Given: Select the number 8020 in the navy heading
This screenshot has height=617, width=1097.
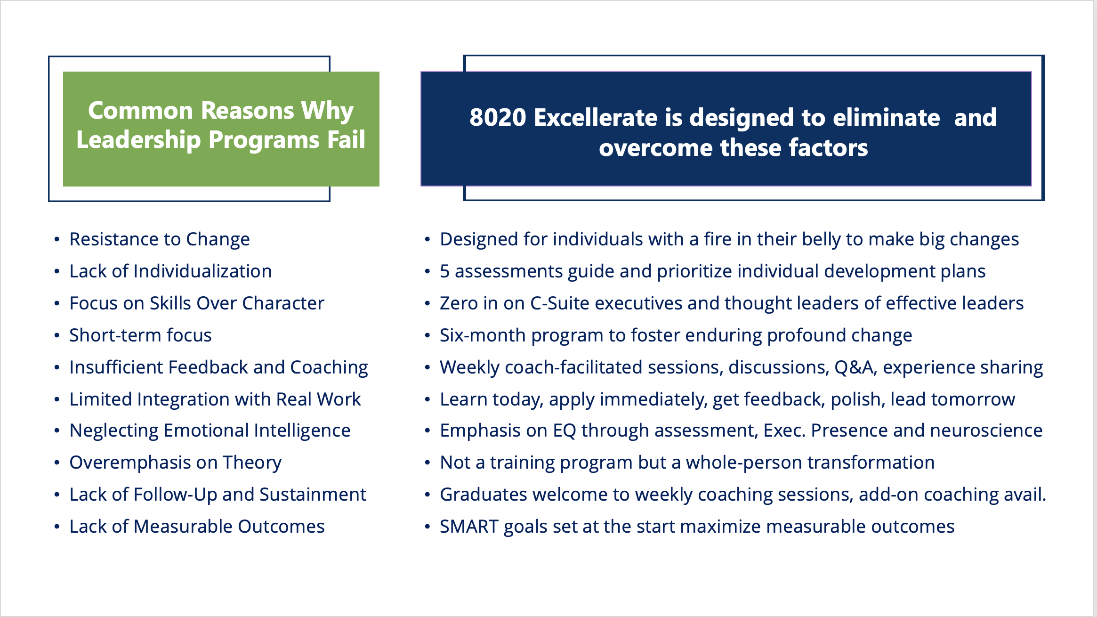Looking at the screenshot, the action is click(x=498, y=117).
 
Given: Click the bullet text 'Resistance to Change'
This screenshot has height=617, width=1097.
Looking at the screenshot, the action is click(x=160, y=239).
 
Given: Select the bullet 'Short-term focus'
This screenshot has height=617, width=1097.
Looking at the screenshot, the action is click(x=140, y=335).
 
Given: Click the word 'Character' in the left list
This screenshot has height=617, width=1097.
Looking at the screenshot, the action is click(x=283, y=303).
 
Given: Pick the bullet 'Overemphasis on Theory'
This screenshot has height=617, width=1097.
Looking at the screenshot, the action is click(x=176, y=463).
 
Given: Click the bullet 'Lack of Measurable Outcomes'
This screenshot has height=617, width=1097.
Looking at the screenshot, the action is click(x=197, y=527).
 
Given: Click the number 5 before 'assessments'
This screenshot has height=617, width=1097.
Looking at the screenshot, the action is click(x=444, y=272).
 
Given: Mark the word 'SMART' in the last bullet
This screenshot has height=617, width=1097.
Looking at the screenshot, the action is click(x=469, y=527).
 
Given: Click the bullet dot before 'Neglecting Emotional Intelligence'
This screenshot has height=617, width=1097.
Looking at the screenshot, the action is click(x=57, y=431).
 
